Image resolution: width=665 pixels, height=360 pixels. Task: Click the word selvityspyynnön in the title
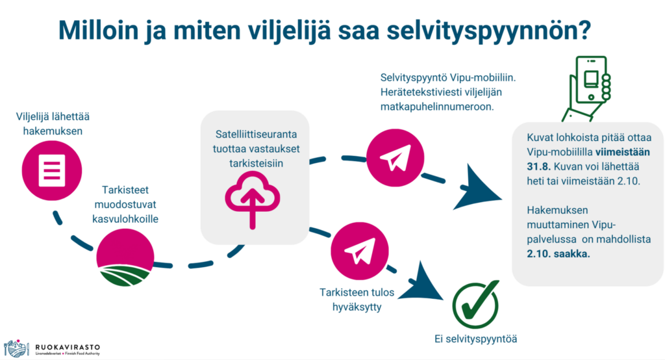488,30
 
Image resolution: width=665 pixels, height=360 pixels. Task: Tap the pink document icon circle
52,171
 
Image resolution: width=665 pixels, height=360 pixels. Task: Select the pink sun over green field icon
125,257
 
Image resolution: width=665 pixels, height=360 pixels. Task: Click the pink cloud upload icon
253,199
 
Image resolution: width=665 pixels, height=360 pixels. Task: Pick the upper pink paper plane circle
395,158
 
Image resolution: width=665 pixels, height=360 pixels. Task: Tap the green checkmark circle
475,304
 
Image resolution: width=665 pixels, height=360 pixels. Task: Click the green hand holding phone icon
586,89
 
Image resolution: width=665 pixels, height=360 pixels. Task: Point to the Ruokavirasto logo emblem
16,348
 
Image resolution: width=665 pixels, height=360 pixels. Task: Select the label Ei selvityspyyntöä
475,339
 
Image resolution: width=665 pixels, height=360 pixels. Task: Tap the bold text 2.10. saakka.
558,254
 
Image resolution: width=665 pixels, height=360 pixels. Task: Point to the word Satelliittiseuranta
256,134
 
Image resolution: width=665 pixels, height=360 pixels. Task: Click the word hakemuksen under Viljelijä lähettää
53,131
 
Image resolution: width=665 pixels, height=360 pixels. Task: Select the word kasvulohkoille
125,218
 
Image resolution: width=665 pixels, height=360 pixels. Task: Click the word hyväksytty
357,307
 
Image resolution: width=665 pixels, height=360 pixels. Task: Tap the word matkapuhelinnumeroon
437,106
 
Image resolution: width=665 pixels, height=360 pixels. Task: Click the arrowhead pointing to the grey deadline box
478,188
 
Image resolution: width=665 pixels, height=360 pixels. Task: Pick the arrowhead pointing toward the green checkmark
421,282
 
